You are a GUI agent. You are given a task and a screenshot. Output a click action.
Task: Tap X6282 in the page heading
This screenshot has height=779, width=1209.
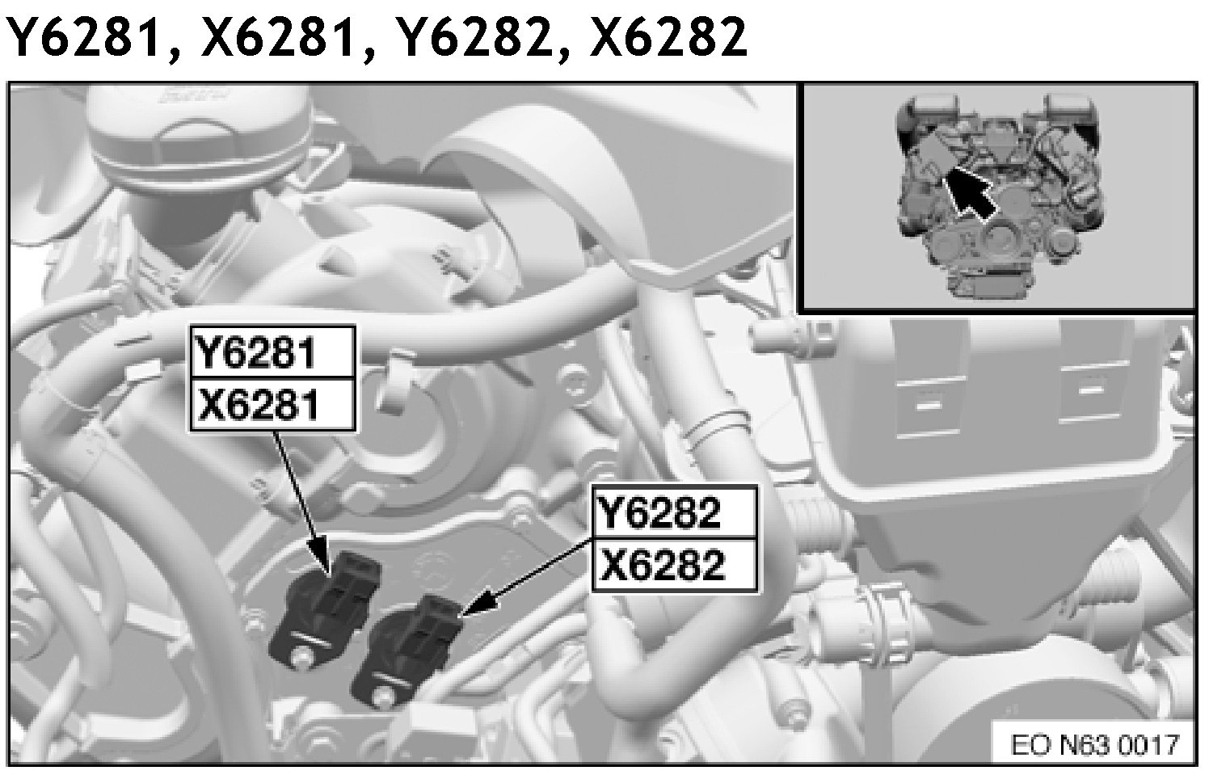click(x=668, y=36)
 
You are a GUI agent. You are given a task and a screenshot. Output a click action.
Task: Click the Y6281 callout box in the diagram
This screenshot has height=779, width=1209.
click(x=273, y=352)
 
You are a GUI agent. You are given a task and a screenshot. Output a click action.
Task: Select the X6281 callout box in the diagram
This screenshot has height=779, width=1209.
click(x=273, y=405)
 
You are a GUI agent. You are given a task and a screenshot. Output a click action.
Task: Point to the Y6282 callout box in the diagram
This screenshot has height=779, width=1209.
click(x=675, y=512)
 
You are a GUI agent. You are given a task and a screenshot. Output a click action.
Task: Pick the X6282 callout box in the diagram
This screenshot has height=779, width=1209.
click(x=675, y=565)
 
